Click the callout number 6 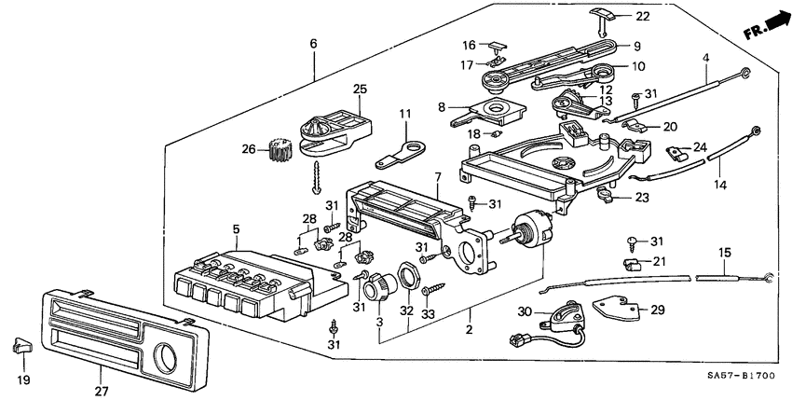click(314, 44)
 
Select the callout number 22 click(642, 18)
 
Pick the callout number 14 click(717, 186)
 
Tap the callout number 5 click(236, 229)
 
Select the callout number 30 click(524, 312)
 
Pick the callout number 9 click(636, 47)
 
